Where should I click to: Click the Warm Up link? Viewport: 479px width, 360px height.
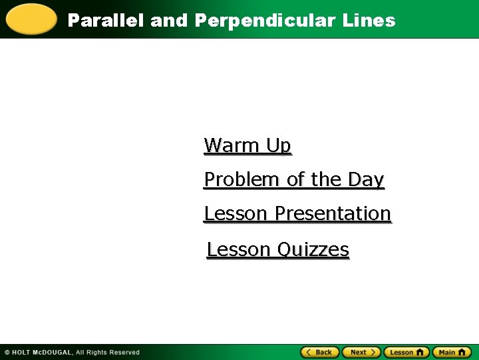point(247,145)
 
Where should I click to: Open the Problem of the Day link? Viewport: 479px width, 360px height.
point(294,180)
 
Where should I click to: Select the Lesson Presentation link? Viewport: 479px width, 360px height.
point(297,214)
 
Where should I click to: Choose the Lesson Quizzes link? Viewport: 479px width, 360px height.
point(278,249)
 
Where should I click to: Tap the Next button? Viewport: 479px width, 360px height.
point(362,352)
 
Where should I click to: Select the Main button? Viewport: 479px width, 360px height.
point(452,352)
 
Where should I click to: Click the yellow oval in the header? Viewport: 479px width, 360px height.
point(31,19)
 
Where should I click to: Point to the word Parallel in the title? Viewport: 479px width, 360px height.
point(106,21)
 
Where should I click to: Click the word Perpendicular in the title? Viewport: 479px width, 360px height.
point(266,21)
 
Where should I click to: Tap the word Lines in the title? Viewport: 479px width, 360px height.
point(369,21)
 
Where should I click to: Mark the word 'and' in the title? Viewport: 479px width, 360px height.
point(169,21)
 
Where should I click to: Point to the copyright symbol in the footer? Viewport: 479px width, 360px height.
point(7,353)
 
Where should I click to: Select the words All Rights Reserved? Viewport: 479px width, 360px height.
point(108,353)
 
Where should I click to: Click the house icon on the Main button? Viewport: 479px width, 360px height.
point(464,352)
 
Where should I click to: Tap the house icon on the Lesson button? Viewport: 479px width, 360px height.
point(420,352)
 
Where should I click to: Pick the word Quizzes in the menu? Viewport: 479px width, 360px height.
point(313,249)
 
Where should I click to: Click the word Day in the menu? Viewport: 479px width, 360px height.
point(370,180)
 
